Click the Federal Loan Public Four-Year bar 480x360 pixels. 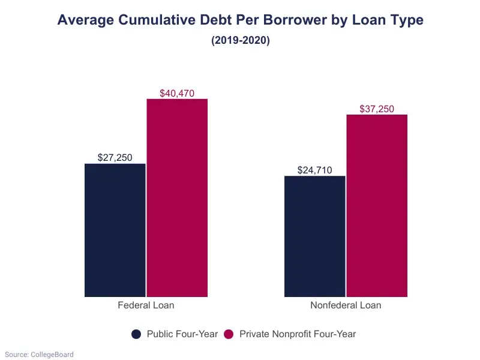coord(115,230)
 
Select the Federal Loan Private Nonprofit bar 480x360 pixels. coord(177,197)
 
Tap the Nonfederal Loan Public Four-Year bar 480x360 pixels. coord(315,236)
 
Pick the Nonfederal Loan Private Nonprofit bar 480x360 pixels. coord(377,205)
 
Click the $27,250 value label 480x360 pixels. coord(115,157)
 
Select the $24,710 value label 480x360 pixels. coord(315,170)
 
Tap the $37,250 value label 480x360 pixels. coord(377,109)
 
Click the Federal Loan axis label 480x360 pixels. coord(146,305)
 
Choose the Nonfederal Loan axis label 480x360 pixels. coord(346,305)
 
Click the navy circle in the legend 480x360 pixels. coord(136,334)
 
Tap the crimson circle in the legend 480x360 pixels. coord(229,334)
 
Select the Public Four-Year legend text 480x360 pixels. coord(182,334)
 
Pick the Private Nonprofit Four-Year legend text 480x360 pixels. coord(298,334)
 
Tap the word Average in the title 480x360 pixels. coord(85,20)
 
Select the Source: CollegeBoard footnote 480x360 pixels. coord(39,355)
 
